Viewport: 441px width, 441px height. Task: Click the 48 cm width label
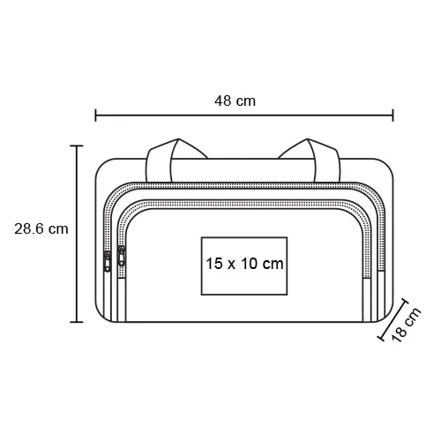235,101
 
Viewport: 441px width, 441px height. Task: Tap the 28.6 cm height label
41,228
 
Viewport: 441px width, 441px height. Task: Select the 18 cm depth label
406,325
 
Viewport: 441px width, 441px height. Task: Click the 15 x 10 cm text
244,264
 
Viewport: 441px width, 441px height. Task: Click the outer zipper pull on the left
108,261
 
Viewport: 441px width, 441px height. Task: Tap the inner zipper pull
121,256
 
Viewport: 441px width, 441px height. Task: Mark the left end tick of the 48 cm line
95,115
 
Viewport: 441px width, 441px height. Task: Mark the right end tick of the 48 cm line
392,115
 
